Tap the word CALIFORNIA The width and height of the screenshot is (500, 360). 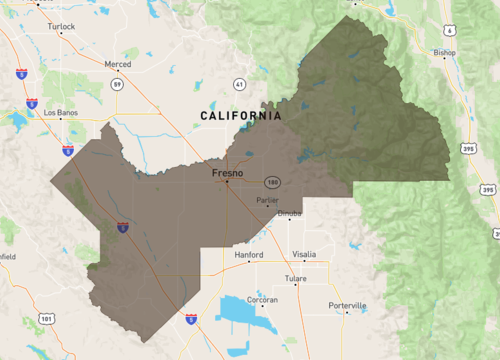(241, 116)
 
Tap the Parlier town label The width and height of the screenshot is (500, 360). (266, 200)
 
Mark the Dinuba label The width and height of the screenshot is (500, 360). (288, 213)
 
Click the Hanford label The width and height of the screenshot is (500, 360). (248, 255)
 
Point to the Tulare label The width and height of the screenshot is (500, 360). (296, 278)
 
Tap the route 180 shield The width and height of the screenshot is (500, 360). (271, 183)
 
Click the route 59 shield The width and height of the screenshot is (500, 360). (117, 85)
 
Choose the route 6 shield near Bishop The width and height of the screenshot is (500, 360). (450, 32)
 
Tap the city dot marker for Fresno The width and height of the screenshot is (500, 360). (227, 182)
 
